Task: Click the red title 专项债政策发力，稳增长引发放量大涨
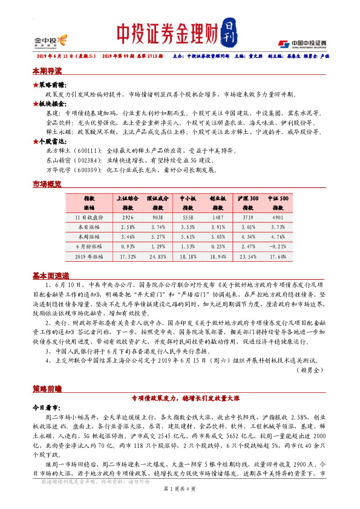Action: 180,399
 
